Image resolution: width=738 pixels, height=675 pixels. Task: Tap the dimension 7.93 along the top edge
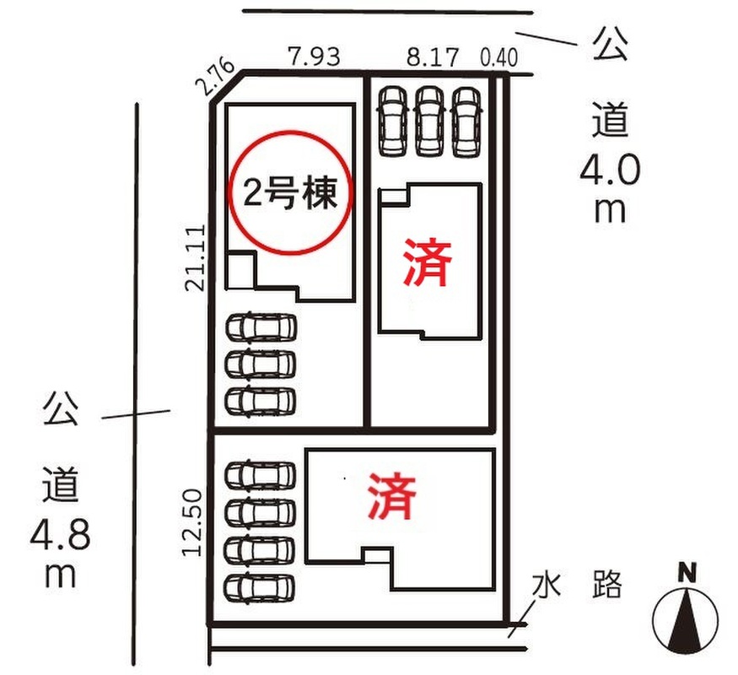tap(314, 57)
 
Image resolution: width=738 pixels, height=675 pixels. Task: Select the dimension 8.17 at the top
tap(432, 57)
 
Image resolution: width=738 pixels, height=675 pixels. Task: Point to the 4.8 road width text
tap(61, 534)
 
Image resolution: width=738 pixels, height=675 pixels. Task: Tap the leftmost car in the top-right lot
tap(393, 121)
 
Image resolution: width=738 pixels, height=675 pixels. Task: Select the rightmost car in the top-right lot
tap(466, 121)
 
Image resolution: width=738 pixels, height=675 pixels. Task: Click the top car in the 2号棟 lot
tap(261, 326)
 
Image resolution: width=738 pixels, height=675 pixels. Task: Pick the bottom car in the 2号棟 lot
tap(261, 400)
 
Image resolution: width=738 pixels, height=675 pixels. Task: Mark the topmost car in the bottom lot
tap(261, 474)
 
